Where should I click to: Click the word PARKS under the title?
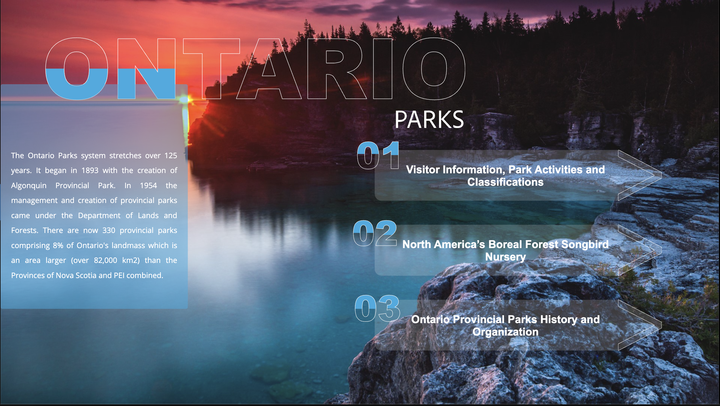429,120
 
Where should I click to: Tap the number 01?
378,155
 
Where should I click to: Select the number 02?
375,233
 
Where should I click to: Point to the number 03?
377,308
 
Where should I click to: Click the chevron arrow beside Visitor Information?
639,175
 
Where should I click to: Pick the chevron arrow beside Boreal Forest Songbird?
639,250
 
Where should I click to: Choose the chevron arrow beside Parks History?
639,325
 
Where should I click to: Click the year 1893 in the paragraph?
90,170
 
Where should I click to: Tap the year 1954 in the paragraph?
148,185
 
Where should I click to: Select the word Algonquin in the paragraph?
29,185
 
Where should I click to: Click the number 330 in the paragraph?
109,231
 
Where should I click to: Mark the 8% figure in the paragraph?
58,246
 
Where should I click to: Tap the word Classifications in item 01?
505,182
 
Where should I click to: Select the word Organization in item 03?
505,332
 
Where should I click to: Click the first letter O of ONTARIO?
77,69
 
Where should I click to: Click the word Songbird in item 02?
585,245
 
